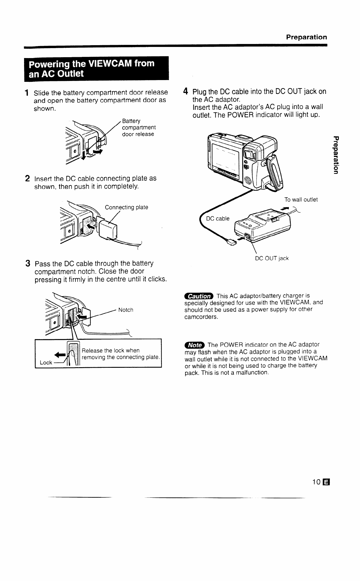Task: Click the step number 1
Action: (26, 93)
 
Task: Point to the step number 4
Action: (185, 91)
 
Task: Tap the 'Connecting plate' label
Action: (126, 207)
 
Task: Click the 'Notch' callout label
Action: (126, 310)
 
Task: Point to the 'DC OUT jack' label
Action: (272, 258)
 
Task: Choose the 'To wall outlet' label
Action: (301, 200)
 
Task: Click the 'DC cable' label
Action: (218, 218)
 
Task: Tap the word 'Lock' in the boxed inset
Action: (46, 363)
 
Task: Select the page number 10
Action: (317, 482)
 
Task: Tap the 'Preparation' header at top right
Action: (306, 37)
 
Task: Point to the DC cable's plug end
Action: (231, 242)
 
